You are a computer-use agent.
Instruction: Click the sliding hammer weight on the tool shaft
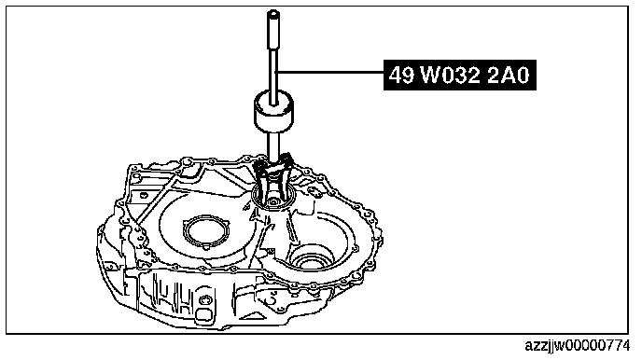coord(272,111)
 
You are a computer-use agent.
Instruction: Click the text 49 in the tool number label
coord(401,76)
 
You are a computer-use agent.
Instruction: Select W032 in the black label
coord(450,76)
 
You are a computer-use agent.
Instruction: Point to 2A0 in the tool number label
coord(509,76)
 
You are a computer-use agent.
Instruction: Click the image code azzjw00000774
coord(578,346)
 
